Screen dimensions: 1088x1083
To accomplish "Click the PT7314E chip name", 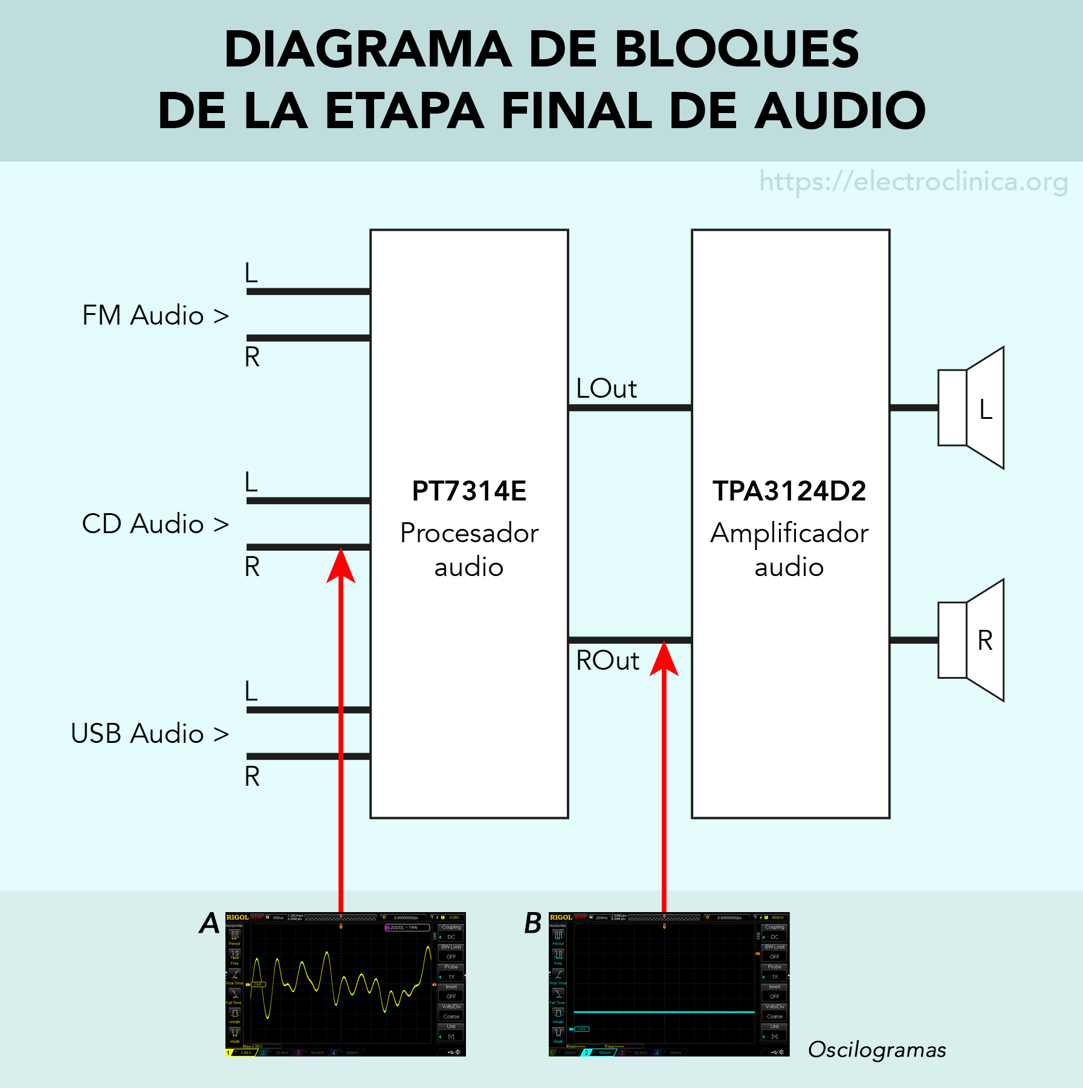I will click(469, 491).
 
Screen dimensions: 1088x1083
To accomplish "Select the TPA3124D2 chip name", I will click(789, 491).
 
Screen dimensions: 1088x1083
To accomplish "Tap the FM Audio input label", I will click(155, 316).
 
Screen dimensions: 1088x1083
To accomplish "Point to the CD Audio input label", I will click(155, 524).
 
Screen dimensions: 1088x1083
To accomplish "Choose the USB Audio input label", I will click(149, 734).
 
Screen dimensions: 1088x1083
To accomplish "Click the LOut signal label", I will click(606, 389).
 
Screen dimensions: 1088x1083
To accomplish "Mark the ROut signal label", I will click(607, 661).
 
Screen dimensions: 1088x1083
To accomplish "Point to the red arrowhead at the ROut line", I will click(664, 659).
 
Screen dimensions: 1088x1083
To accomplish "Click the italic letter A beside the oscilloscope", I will click(210, 923).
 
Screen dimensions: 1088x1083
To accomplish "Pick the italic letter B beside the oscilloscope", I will click(533, 923).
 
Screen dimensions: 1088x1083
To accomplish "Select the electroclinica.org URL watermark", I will click(913, 181).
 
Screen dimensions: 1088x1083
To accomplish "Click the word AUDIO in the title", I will click(841, 111).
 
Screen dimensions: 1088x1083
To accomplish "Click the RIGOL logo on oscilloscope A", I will click(238, 918).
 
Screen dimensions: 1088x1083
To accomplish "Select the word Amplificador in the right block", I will click(789, 534).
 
